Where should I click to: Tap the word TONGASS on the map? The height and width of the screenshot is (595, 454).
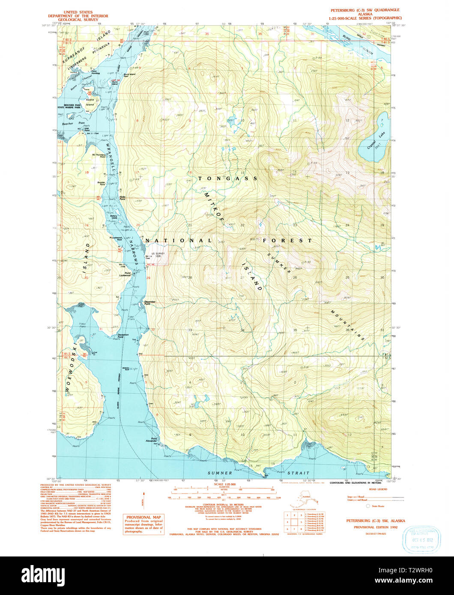point(227,178)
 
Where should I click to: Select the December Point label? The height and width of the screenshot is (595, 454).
point(150,302)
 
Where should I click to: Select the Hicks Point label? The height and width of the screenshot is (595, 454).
point(122,198)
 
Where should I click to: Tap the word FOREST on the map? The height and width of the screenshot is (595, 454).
point(287,241)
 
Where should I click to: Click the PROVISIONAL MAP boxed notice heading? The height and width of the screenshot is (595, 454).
point(143,517)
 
